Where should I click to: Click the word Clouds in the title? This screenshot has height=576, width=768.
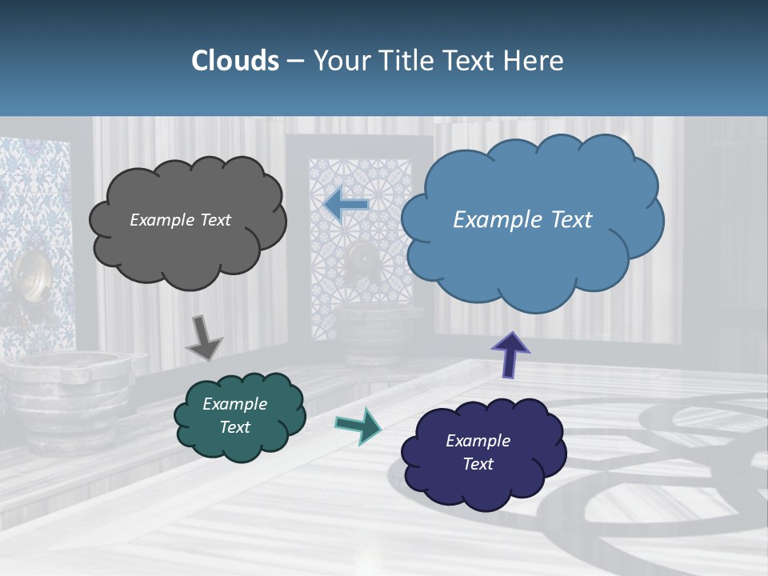click(x=235, y=61)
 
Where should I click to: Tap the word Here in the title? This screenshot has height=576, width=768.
click(x=534, y=61)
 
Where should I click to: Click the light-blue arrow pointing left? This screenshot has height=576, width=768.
click(x=346, y=204)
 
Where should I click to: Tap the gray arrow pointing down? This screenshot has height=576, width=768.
click(x=204, y=338)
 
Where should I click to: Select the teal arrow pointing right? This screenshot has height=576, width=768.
click(x=358, y=425)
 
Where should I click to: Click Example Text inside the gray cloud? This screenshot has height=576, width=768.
click(x=180, y=220)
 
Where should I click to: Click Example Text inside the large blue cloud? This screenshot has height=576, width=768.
click(x=522, y=220)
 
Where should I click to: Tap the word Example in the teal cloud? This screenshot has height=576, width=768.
click(x=234, y=404)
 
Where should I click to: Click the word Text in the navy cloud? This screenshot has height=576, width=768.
click(x=478, y=464)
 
